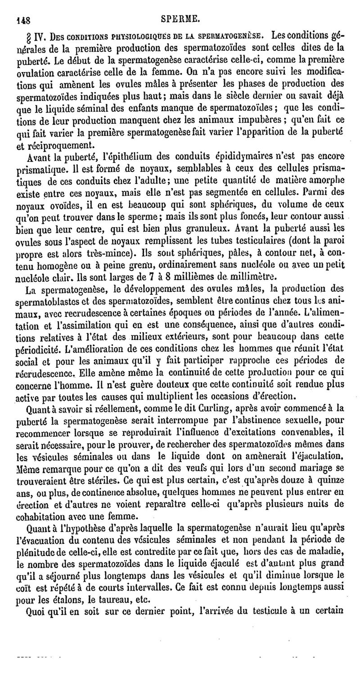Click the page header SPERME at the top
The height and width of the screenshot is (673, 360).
point(182,18)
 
